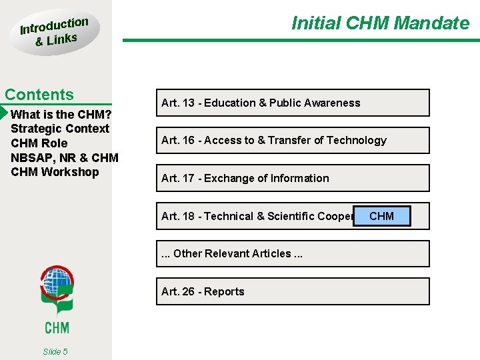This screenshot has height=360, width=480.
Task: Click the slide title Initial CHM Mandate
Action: coord(380,23)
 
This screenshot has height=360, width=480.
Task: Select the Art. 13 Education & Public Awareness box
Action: coord(293,103)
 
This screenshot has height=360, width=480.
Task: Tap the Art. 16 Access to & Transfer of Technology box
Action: coord(293,140)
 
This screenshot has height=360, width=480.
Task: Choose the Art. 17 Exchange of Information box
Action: coord(293,178)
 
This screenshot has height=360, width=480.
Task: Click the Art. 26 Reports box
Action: coord(293,291)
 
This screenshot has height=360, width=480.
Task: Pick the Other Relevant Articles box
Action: coord(293,253)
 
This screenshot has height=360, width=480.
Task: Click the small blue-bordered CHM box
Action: coord(381,216)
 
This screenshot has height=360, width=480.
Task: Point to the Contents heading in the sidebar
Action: coord(39,95)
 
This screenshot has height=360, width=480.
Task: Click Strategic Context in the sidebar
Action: coord(60,129)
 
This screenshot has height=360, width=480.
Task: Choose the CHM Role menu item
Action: coord(39,143)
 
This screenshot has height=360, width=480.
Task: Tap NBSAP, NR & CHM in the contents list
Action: coord(65,158)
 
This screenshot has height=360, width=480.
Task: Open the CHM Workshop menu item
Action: coord(55,172)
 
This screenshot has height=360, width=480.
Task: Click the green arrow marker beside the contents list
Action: coord(4,113)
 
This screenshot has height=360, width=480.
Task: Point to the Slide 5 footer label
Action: coord(55,351)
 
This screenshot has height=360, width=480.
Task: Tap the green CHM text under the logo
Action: coord(57,327)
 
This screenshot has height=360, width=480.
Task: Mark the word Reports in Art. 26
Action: coord(225,291)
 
